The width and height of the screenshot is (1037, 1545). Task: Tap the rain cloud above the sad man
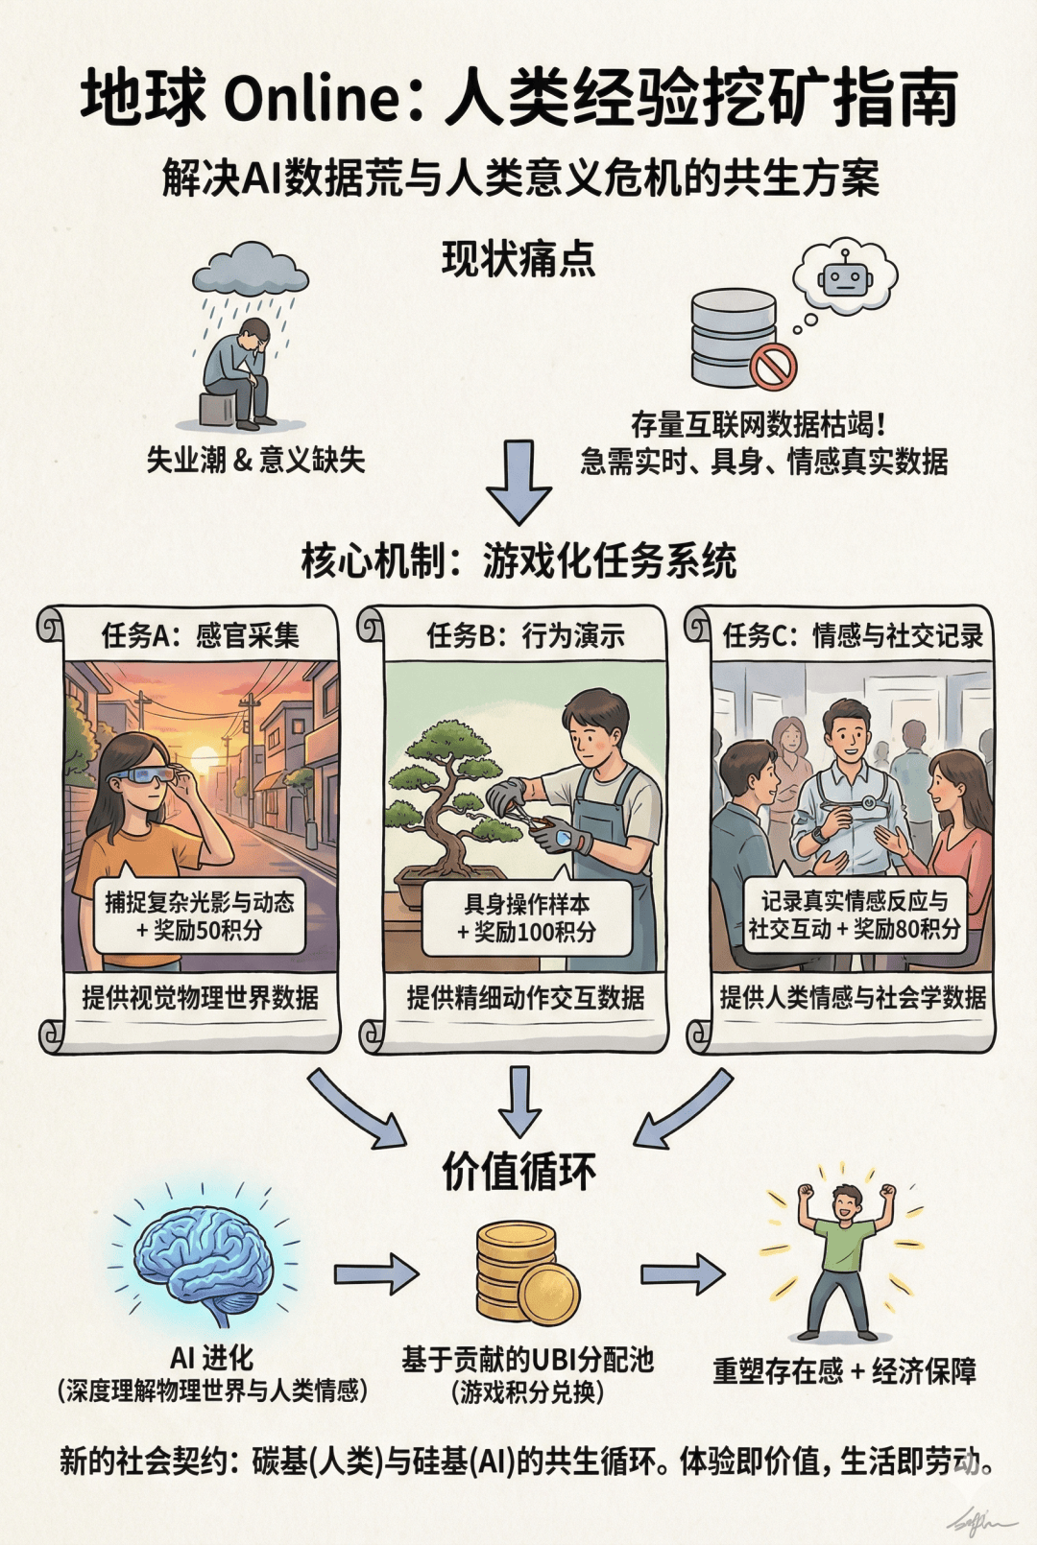click(251, 270)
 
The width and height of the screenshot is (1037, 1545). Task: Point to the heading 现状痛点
click(518, 259)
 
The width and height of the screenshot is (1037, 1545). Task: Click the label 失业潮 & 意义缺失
click(255, 460)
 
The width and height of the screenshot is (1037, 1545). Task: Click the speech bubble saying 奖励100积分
click(526, 917)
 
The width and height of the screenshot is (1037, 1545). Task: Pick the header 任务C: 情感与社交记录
click(853, 635)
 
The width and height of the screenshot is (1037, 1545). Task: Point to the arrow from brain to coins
click(375, 1274)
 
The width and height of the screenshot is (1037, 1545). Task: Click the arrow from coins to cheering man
click(682, 1273)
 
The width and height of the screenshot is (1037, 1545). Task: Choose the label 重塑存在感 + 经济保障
click(844, 1371)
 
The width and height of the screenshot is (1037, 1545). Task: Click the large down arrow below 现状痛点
click(518, 481)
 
